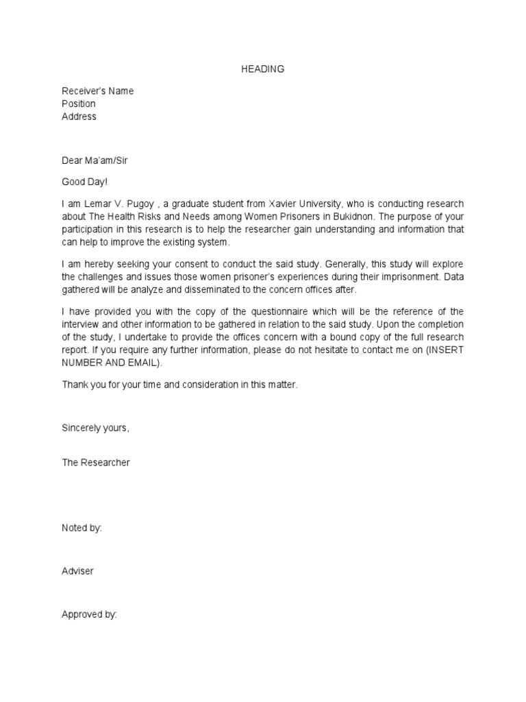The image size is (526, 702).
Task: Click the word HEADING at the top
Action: [x=263, y=69]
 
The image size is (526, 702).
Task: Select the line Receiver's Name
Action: [x=98, y=91]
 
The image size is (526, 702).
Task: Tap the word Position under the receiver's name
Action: [x=79, y=104]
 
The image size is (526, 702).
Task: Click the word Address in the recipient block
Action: [x=79, y=117]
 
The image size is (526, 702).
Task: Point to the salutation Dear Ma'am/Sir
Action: [x=95, y=160]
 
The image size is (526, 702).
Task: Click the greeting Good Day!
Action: [x=85, y=182]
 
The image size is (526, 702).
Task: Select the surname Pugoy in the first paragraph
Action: [x=141, y=204]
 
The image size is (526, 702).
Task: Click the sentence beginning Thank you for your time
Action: [x=180, y=385]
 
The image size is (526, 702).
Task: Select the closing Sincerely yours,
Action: [x=95, y=428]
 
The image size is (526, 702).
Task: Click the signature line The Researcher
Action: [x=96, y=463]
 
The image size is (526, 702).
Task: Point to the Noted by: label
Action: [x=82, y=528]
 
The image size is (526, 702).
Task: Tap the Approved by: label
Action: [x=89, y=615]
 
